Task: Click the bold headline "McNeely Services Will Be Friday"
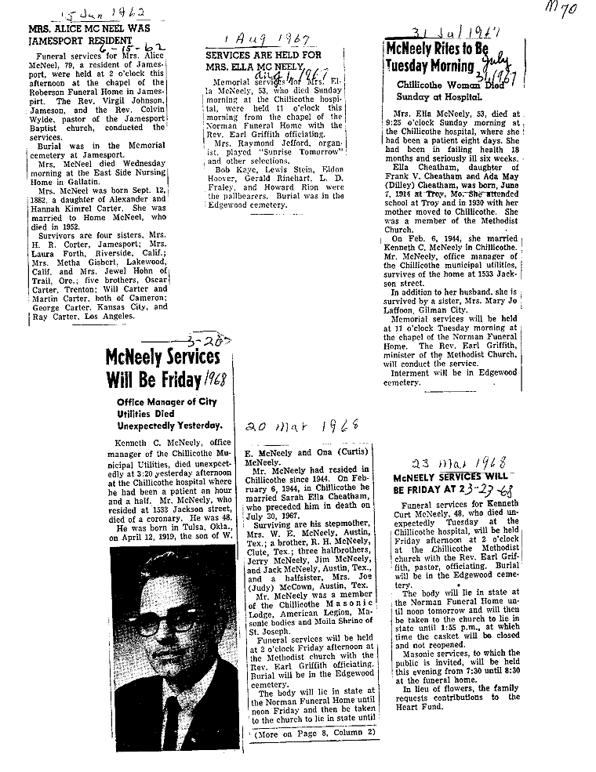162,369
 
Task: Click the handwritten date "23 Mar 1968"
463,462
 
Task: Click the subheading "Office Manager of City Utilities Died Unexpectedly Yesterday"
165,415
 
